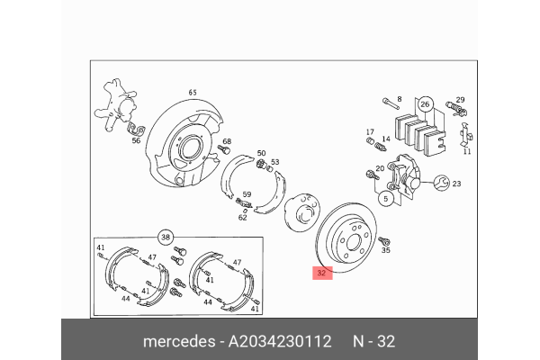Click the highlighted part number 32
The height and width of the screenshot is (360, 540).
(x=322, y=272)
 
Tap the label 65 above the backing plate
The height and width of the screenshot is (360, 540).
(x=192, y=93)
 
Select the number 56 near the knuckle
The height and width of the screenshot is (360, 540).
(x=136, y=140)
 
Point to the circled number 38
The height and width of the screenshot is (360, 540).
(x=165, y=237)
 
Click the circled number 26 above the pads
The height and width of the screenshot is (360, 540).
(x=426, y=104)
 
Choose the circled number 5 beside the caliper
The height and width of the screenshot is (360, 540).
(x=384, y=198)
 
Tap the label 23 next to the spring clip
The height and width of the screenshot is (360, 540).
(x=456, y=184)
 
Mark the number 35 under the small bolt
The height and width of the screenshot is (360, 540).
(x=386, y=253)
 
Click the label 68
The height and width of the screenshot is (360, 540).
(x=227, y=142)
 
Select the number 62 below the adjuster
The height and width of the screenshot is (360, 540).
(x=242, y=217)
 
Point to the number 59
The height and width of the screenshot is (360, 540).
(x=247, y=194)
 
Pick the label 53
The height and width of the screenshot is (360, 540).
(x=275, y=163)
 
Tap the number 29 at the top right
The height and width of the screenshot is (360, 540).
(x=459, y=100)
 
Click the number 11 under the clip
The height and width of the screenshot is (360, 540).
(x=466, y=152)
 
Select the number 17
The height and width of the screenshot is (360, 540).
(x=369, y=132)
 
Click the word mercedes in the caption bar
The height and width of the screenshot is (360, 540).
(x=175, y=343)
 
